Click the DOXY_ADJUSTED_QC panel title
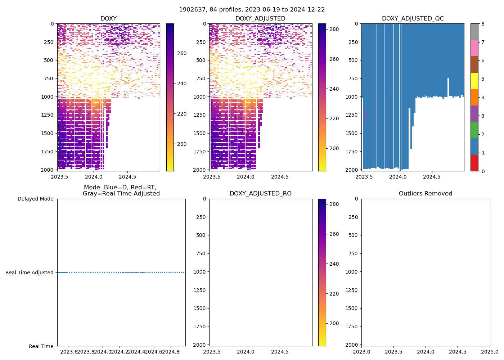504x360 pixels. click(x=413, y=19)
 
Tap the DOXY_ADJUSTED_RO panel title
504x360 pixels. click(x=261, y=194)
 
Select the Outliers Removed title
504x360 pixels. click(x=426, y=194)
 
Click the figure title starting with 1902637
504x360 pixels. click(x=252, y=10)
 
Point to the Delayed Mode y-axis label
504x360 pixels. click(x=35, y=199)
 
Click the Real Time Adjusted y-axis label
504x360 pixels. click(x=29, y=273)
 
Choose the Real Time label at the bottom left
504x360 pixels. click(x=41, y=346)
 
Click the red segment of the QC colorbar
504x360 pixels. click(x=474, y=163)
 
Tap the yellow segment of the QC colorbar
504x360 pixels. click(x=474, y=81)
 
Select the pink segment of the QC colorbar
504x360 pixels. click(x=474, y=48)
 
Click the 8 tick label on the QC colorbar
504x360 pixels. click(x=483, y=24)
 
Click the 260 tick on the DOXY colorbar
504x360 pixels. click(x=182, y=53)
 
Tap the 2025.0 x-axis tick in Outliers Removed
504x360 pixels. click(x=490, y=352)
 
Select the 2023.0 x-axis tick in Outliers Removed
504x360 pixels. click(x=361, y=352)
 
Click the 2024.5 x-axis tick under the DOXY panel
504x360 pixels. click(x=127, y=177)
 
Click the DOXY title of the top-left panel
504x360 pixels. click(x=108, y=19)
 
